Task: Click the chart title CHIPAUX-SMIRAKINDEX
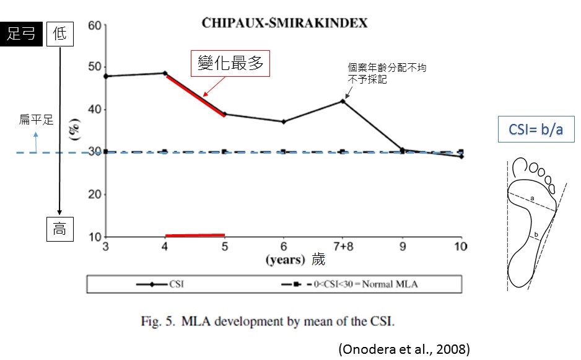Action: (x=284, y=24)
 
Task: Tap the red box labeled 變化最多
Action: (x=230, y=64)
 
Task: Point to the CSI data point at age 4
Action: (x=165, y=73)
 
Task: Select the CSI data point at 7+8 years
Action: (x=343, y=101)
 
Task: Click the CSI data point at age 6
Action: (x=284, y=121)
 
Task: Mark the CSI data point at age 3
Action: (x=106, y=76)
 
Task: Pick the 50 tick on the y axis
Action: (x=94, y=68)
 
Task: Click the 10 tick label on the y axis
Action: (x=94, y=237)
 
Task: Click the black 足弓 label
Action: (x=21, y=34)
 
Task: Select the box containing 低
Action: (x=59, y=34)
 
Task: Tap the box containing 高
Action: (x=59, y=229)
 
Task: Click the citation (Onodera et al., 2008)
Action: (x=403, y=349)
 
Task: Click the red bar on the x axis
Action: (x=195, y=235)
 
